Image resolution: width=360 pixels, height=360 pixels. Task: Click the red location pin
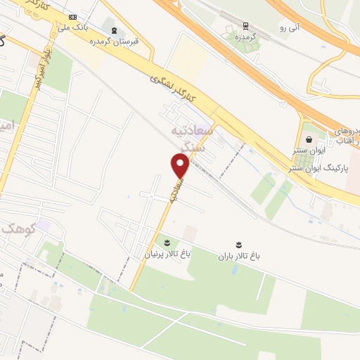tap(181, 165)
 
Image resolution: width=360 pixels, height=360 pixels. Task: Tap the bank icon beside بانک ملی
tap(73, 16)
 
